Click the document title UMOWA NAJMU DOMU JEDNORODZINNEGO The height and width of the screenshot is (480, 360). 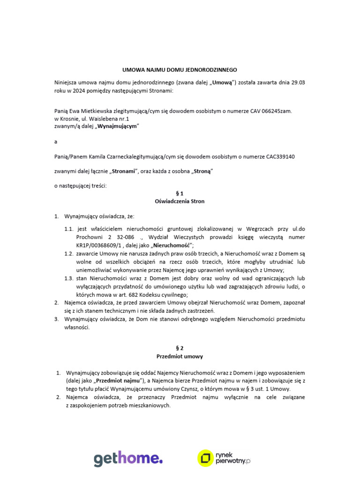(x=180, y=69)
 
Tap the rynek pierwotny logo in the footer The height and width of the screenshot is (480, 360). (x=224, y=457)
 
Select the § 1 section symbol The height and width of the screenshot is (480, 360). (x=180, y=193)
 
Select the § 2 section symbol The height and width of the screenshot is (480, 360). (x=180, y=348)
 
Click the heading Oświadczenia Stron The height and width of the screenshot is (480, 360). (x=180, y=201)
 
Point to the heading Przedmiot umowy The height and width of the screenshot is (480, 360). (x=180, y=356)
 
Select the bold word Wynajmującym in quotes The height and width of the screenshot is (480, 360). (x=117, y=127)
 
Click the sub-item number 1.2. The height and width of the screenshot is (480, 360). (x=69, y=254)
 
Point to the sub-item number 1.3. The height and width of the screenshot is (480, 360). (x=69, y=278)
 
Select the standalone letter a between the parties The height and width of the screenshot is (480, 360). (x=56, y=142)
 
